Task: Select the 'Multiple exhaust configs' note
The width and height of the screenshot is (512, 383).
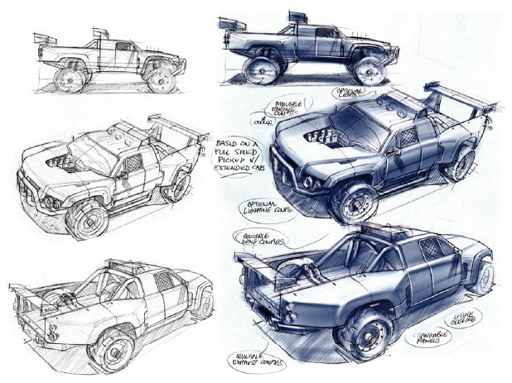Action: pos(258,361)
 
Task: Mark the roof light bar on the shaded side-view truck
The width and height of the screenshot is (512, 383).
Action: pos(297,17)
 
